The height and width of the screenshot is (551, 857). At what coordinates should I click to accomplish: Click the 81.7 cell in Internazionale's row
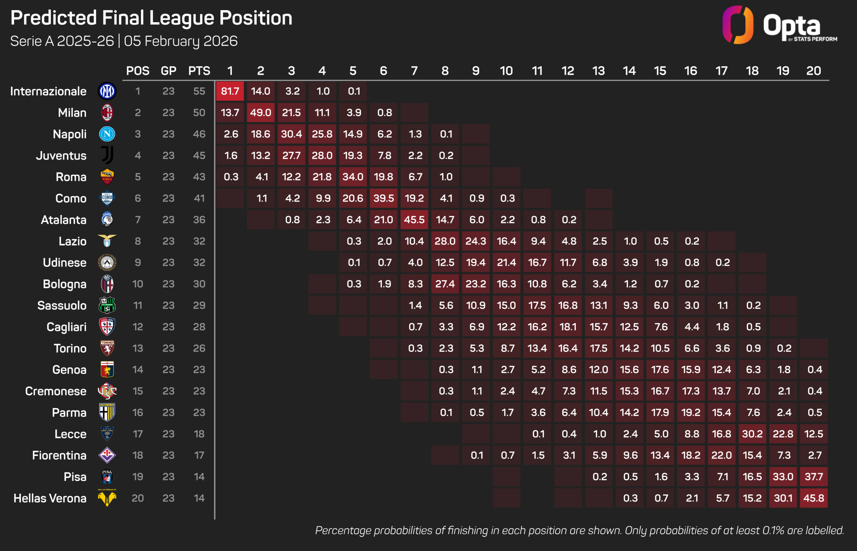(x=230, y=91)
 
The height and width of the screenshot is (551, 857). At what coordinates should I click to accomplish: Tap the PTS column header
(x=199, y=71)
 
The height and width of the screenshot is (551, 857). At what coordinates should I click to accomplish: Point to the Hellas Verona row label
(x=50, y=498)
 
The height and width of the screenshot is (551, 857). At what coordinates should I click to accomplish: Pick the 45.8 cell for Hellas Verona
(x=813, y=498)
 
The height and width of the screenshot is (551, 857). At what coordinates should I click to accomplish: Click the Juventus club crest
(x=107, y=155)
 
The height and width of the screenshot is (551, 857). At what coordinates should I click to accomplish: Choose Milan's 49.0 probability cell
(x=260, y=113)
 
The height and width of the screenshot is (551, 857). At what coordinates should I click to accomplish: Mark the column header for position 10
(x=506, y=71)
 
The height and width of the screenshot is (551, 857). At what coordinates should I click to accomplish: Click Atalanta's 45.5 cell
(x=414, y=220)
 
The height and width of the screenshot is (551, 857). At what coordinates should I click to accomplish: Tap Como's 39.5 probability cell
(x=383, y=198)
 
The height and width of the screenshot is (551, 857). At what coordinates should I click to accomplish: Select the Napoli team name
(x=69, y=134)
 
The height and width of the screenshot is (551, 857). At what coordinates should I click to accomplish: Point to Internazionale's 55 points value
(x=199, y=91)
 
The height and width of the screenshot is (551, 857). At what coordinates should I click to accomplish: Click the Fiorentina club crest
(x=107, y=455)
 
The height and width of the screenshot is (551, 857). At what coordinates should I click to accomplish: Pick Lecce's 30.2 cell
(x=752, y=434)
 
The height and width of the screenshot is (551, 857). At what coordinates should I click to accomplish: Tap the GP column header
(x=168, y=71)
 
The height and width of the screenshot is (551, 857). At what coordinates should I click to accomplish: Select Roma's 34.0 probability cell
(x=353, y=177)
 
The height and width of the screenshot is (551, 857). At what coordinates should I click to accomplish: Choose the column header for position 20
(x=813, y=71)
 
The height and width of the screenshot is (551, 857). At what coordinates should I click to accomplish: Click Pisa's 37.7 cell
(x=813, y=477)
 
